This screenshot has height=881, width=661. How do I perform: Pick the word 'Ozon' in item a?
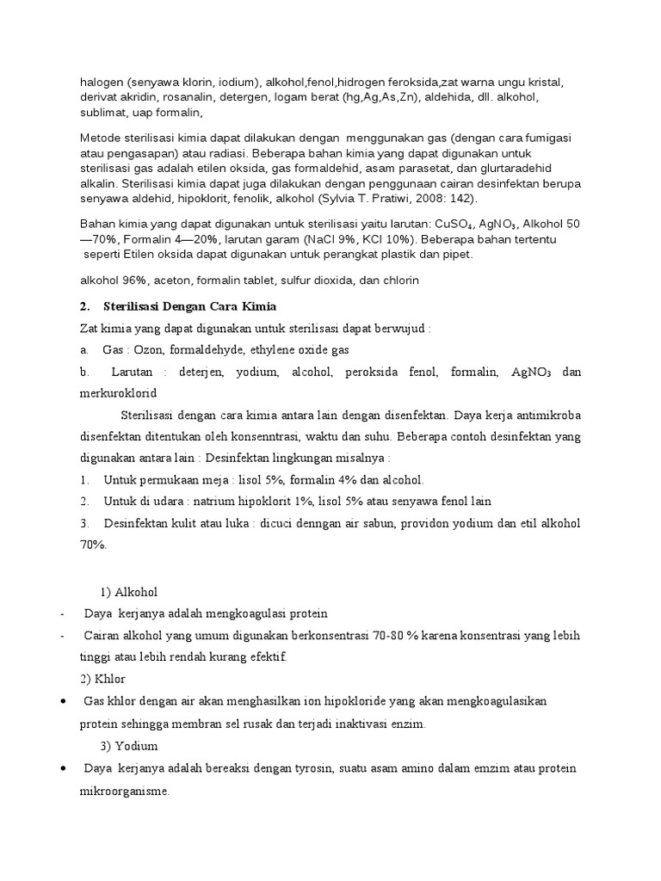pyautogui.click(x=143, y=350)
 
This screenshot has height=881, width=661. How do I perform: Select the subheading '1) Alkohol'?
pyautogui.click(x=129, y=592)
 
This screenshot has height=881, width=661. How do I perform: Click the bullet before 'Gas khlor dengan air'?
pyautogui.click(x=65, y=702)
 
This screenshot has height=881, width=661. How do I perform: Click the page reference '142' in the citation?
pyautogui.click(x=460, y=197)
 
